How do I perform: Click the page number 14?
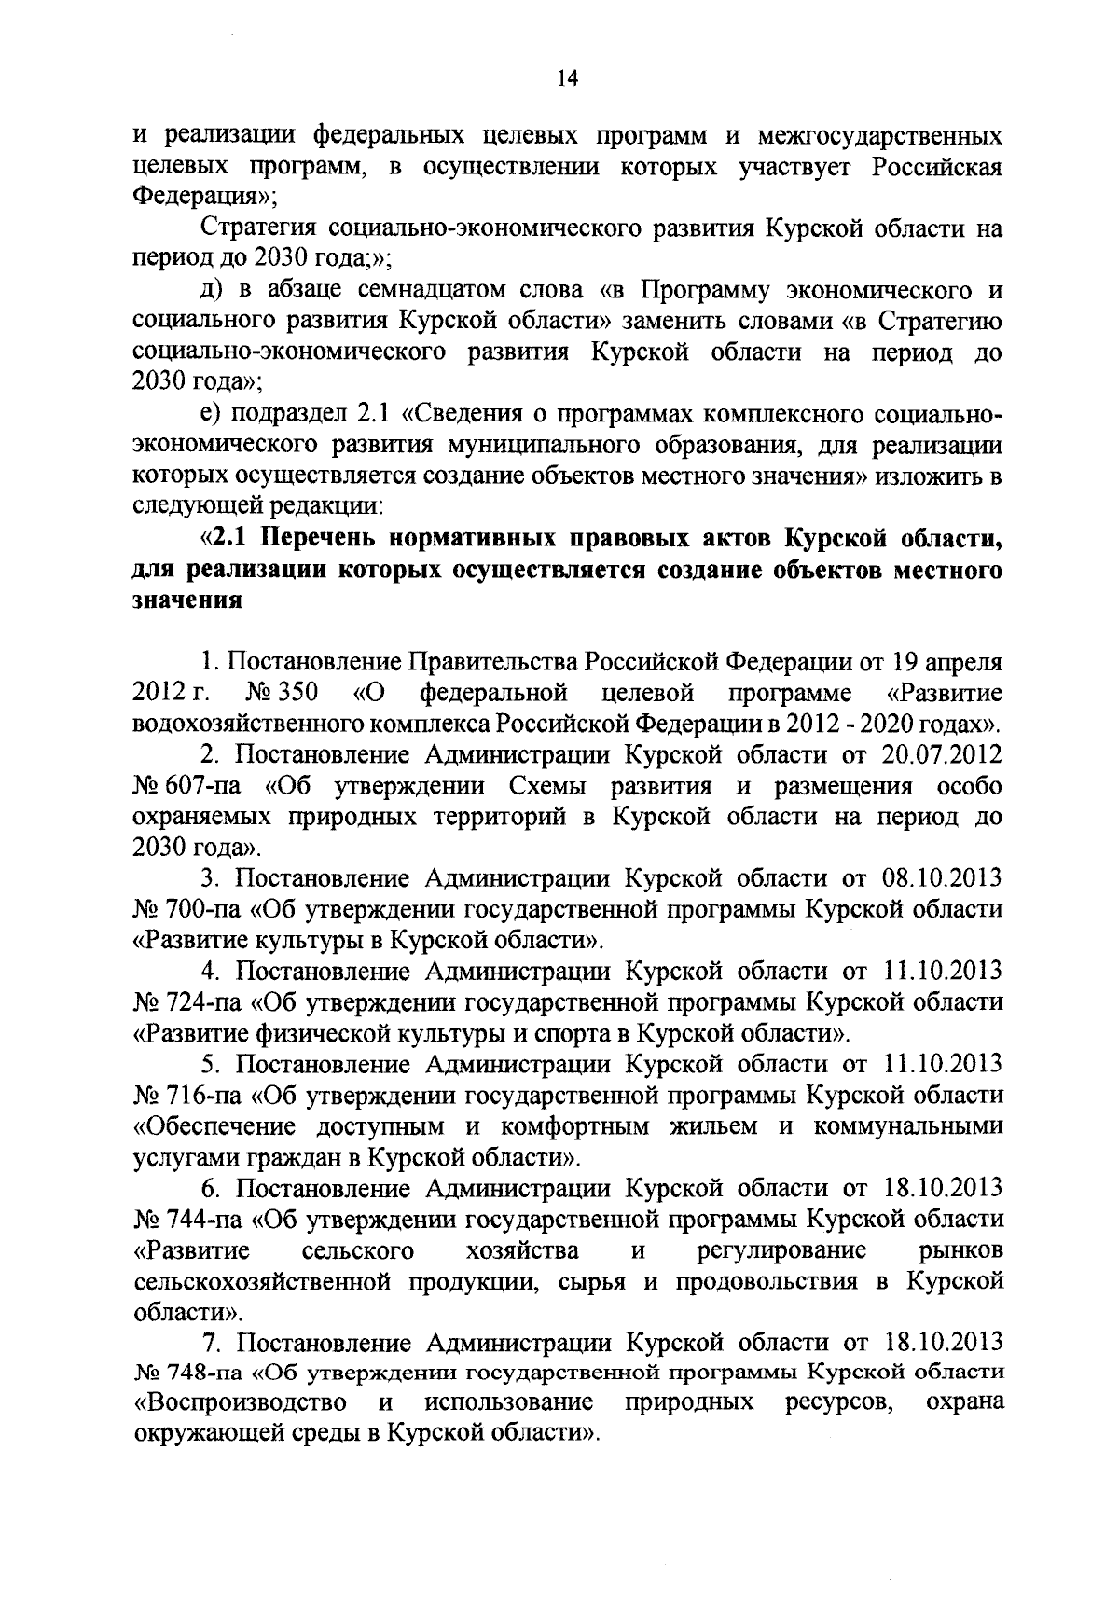pyautogui.click(x=568, y=80)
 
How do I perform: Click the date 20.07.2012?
pyautogui.click(x=942, y=754)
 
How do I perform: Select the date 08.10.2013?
pyautogui.click(x=942, y=877)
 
